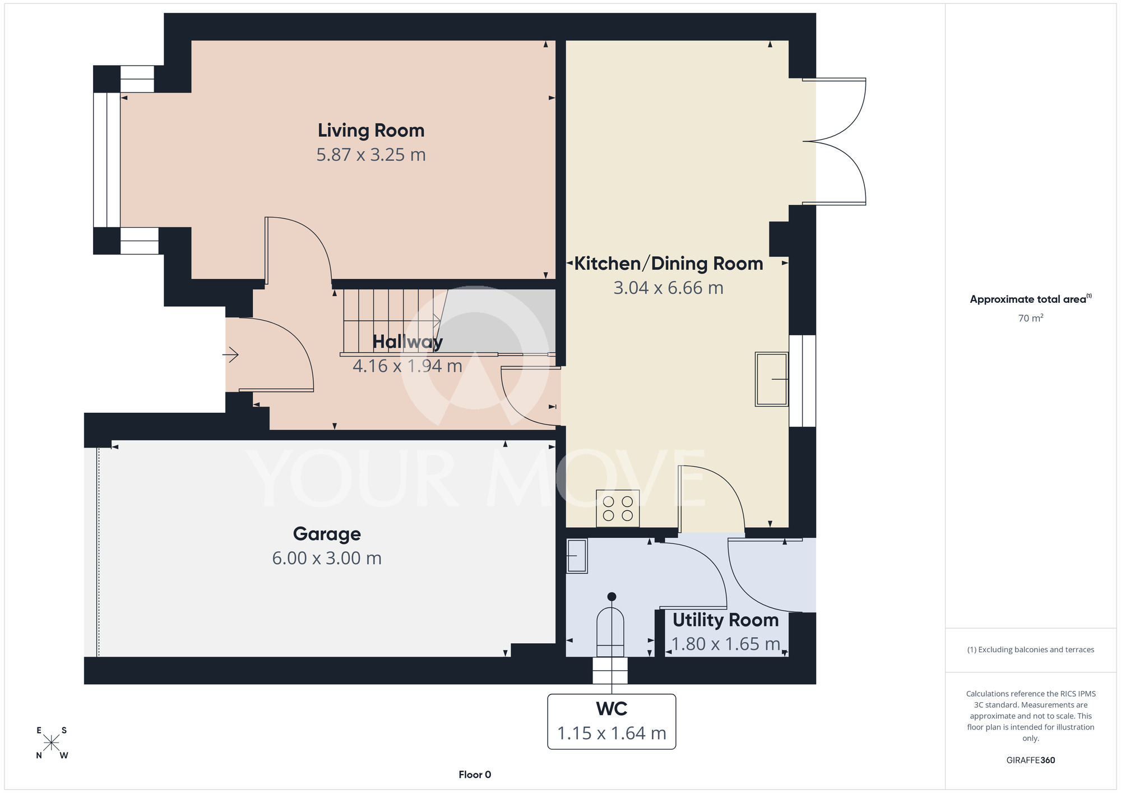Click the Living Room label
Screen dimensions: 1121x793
tap(371, 131)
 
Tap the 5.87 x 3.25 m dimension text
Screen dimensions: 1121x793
tap(371, 155)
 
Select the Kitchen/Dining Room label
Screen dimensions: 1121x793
tap(669, 264)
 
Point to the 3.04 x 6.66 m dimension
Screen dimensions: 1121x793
tap(669, 288)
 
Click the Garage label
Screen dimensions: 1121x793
tap(327, 534)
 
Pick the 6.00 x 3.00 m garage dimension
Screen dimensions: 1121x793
tap(327, 559)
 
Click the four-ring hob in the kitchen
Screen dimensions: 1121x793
tap(618, 508)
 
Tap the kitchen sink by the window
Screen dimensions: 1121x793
tap(772, 379)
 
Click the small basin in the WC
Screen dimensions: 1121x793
tap(577, 556)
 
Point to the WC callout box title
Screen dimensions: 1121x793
tap(612, 709)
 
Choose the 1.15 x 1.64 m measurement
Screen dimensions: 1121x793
tap(612, 734)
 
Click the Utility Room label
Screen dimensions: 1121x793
tap(726, 620)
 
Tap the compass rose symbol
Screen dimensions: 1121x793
tap(52, 743)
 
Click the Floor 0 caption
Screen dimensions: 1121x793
tap(475, 774)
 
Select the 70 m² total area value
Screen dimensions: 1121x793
tap(1031, 318)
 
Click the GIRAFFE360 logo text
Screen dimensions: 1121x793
tap(1031, 760)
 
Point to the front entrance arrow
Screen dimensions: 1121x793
tap(231, 354)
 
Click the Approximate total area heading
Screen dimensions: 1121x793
tap(1031, 299)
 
